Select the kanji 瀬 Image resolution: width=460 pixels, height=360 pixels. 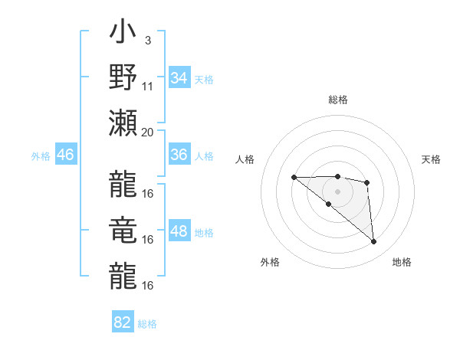point(123,123)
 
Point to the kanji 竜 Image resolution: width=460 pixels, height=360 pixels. point(123,231)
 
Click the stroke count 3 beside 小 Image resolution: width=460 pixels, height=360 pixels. point(147,40)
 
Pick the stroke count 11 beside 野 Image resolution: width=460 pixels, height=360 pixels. point(148,86)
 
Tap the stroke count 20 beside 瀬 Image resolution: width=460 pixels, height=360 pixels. point(148,132)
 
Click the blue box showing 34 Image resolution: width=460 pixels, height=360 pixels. point(179,78)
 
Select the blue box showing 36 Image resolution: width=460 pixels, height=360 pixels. point(179,155)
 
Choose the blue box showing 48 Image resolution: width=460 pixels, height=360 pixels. point(179,232)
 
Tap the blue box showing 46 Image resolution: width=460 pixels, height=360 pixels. point(66,155)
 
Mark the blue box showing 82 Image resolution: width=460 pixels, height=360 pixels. point(123,322)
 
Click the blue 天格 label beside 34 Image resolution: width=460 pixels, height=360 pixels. point(204,79)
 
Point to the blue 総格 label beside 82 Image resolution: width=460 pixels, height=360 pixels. point(147,324)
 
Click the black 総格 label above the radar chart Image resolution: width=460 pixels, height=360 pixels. point(337,100)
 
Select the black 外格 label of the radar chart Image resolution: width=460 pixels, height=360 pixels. point(270,262)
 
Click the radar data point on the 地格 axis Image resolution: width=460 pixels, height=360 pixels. point(374,242)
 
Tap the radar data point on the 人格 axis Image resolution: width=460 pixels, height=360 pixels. point(294,178)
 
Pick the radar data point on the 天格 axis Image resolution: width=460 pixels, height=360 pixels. point(367,182)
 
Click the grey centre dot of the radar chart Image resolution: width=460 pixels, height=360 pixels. point(337,191)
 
